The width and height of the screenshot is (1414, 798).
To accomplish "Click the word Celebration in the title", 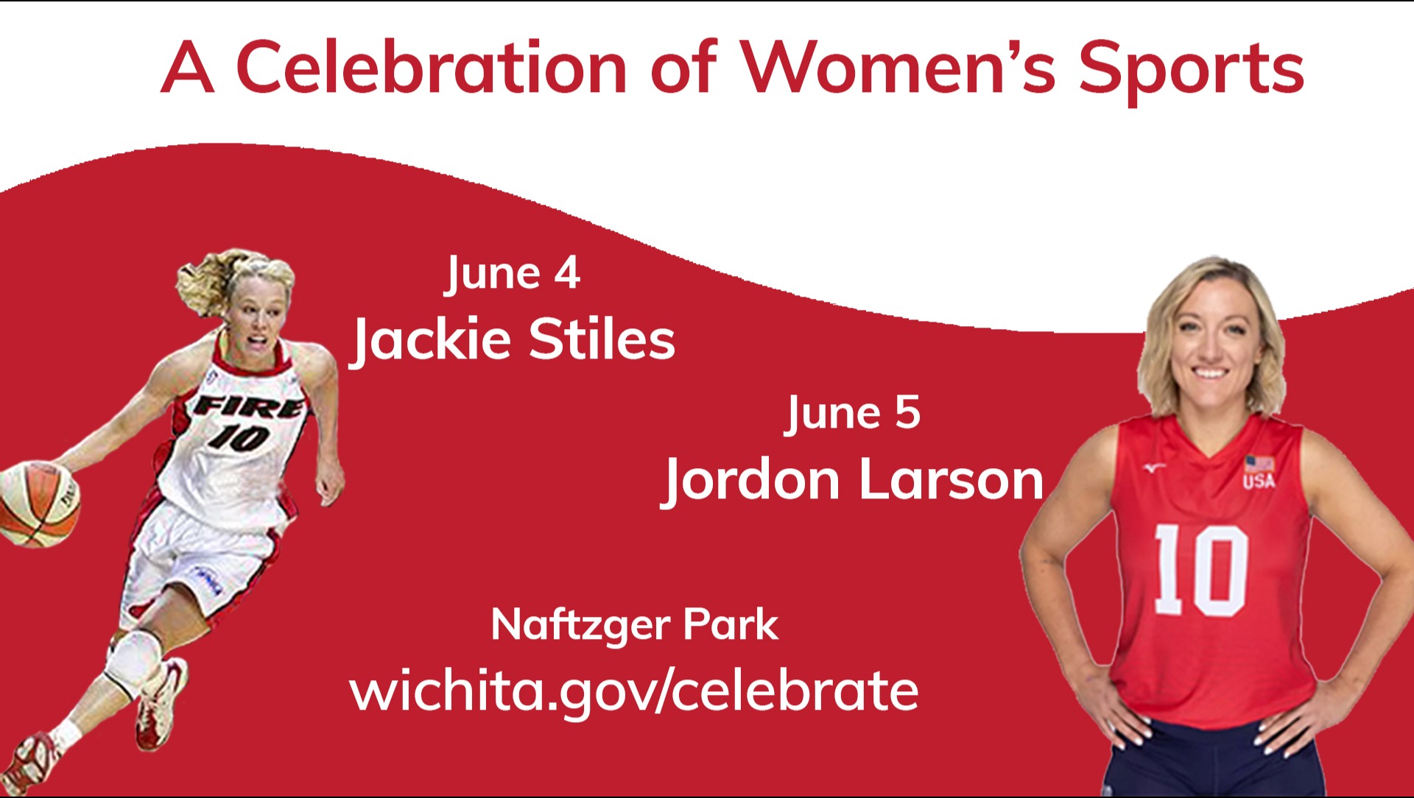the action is pyautogui.click(x=431, y=67).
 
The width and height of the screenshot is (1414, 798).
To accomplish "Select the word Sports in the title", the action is pyautogui.click(x=1191, y=71).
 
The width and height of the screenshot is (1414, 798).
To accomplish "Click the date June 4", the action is pyautogui.click(x=513, y=274).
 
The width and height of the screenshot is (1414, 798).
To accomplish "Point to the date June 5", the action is pyautogui.click(x=853, y=413).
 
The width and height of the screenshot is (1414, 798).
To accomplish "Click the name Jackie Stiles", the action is pyautogui.click(x=513, y=340).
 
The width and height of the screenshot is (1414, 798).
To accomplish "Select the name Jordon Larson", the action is pyautogui.click(x=852, y=480).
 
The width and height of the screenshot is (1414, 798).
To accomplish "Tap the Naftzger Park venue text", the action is pyautogui.click(x=634, y=625).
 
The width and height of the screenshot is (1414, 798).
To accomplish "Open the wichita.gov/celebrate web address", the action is pyautogui.click(x=634, y=691).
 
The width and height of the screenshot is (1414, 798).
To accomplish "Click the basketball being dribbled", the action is pyautogui.click(x=38, y=504).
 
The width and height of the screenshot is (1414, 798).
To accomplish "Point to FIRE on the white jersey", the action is pyautogui.click(x=248, y=406).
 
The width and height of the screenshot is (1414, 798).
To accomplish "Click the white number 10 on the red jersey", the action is pyautogui.click(x=1200, y=571).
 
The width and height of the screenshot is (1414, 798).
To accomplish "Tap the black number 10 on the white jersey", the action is pyautogui.click(x=238, y=437).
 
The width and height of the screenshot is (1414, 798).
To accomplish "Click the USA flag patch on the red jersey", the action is pyautogui.click(x=1259, y=465).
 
